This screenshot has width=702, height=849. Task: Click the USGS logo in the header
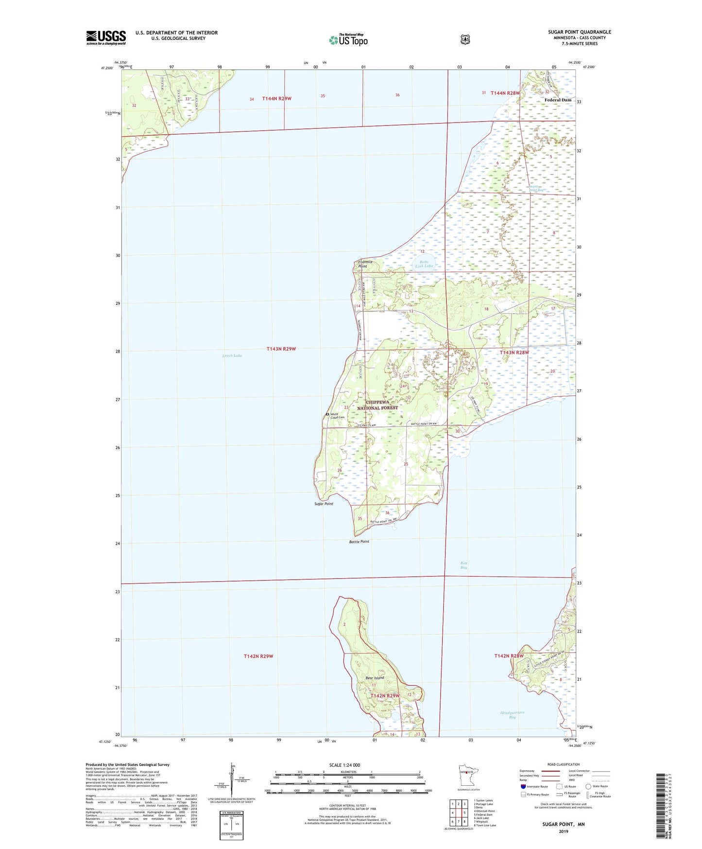(106, 37)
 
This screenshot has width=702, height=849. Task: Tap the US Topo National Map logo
(348, 39)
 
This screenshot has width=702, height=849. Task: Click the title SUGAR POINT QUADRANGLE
(580, 32)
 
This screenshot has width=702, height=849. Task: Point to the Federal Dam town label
(558, 100)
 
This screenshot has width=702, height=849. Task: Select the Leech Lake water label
(232, 355)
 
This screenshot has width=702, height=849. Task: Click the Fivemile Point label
(365, 264)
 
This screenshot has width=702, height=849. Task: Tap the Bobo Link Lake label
(424, 264)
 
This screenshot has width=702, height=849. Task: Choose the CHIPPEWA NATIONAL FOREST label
(377, 405)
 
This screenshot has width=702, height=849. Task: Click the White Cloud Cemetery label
(337, 416)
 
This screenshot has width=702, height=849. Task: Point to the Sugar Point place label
(324, 504)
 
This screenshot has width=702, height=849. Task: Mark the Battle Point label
(359, 541)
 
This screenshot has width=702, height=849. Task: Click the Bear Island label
(375, 677)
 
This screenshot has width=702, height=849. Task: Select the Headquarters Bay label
(512, 714)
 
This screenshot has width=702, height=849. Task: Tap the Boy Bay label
(463, 565)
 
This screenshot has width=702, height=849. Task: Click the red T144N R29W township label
(276, 99)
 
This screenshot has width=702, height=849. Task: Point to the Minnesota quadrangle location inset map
(466, 787)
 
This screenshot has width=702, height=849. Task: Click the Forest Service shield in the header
(465, 39)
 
